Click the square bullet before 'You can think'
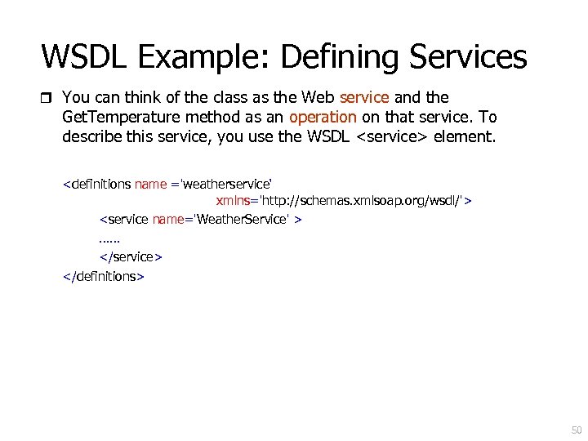point(46,98)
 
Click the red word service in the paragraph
point(363,97)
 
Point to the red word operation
point(323,117)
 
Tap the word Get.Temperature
point(116,117)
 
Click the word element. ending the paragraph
point(465,136)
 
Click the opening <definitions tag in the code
point(97,184)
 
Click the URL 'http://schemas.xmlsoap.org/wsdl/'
point(360,200)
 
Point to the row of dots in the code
point(109,239)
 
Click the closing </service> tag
point(131,256)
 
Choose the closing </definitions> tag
point(104,276)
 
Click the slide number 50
point(576,430)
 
